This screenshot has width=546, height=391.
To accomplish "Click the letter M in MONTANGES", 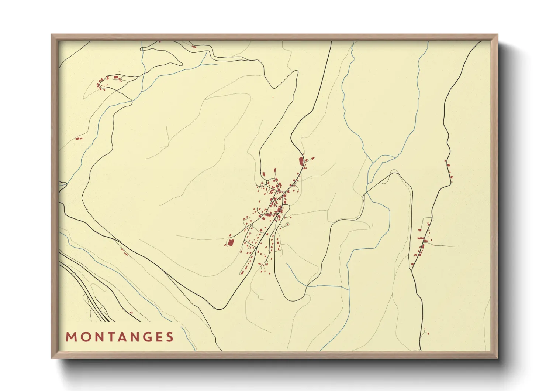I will click(x=70, y=337).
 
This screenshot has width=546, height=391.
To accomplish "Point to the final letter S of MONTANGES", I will click(x=170, y=337).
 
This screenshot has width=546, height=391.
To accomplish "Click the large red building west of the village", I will click(x=230, y=243).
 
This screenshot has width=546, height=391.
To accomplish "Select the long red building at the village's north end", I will click(x=301, y=161).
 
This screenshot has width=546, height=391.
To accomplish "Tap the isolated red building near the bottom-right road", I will click(x=428, y=333).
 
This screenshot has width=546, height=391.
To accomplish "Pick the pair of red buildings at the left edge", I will click(x=78, y=139).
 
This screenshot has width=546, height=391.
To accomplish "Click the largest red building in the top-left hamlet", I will click(x=116, y=77).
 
